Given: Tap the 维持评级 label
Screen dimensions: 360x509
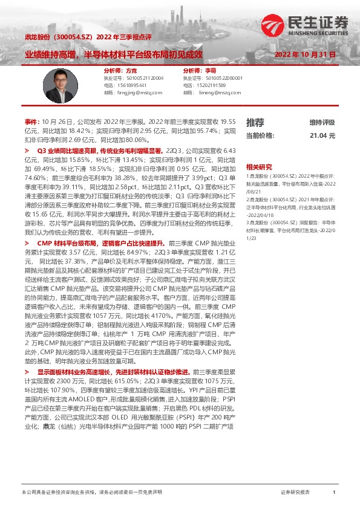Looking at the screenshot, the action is coord(322,123).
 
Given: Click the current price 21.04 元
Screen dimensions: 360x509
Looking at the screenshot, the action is coord(322,136).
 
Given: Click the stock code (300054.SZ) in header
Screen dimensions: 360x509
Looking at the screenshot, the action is coord(74,37).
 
